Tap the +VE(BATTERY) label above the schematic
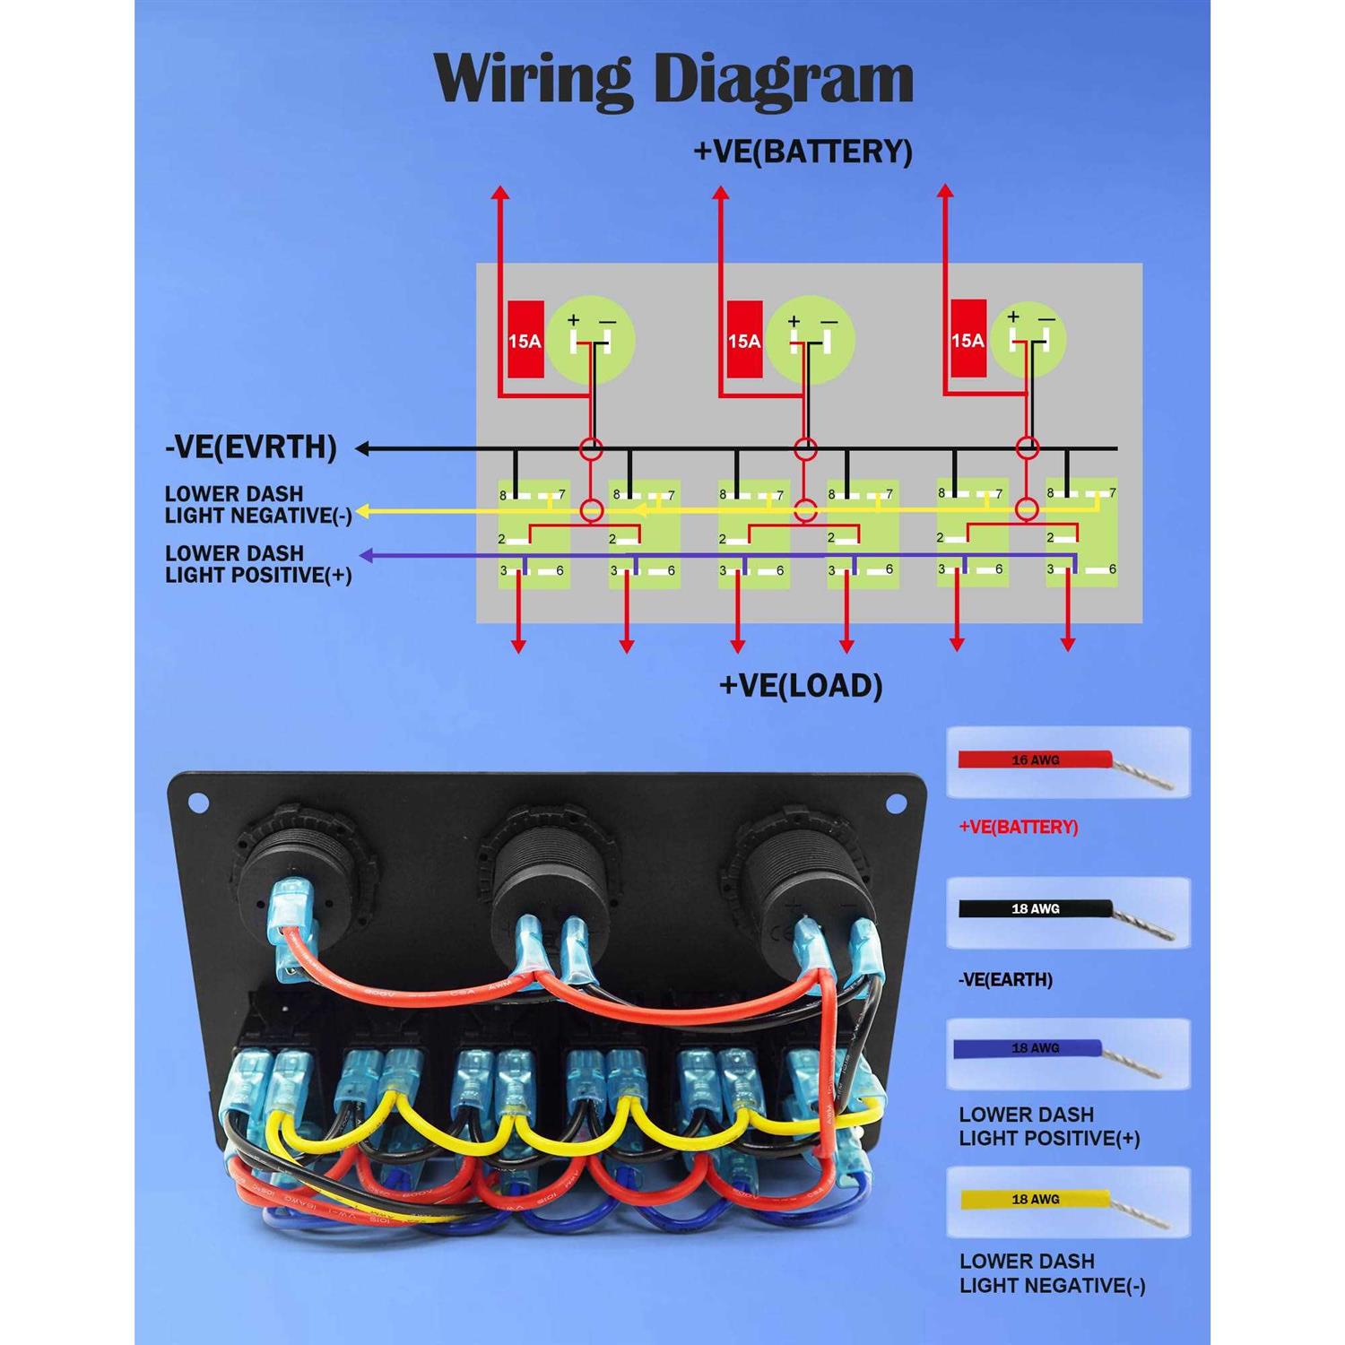[x=803, y=151]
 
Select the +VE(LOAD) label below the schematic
[x=801, y=686]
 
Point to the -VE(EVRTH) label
[x=251, y=447]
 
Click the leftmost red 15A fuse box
[x=525, y=339]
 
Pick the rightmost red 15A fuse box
[x=968, y=338]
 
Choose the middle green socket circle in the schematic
[x=811, y=340]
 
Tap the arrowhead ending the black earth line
[x=362, y=448]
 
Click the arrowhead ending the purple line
[x=365, y=557]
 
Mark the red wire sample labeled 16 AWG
[x=1036, y=759]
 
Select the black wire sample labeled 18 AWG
[x=1036, y=908]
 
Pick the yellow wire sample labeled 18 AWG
[x=1036, y=1199]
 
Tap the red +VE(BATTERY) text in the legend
[x=1019, y=827]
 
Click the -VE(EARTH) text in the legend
[x=1006, y=979]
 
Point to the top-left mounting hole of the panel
[x=198, y=803]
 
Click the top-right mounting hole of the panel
[x=895, y=803]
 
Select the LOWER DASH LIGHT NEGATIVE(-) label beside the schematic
[x=258, y=505]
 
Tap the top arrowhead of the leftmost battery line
[x=501, y=192]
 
